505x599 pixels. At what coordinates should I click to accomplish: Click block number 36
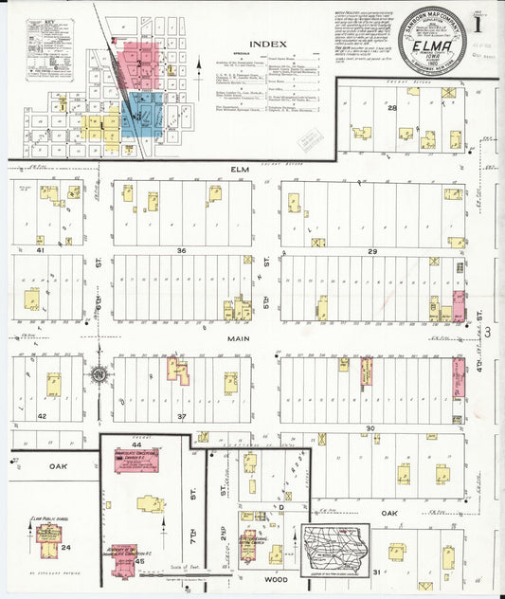tap(181, 250)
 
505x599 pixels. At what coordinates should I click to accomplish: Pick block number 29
tap(372, 250)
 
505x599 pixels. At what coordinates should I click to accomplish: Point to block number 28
tap(391, 108)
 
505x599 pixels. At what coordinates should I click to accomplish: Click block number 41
tap(41, 250)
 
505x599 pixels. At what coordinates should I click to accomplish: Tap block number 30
tap(370, 428)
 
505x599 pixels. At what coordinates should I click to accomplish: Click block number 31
tap(376, 572)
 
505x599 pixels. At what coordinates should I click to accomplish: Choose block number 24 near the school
tap(65, 547)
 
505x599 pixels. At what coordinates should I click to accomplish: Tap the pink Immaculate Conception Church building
tap(135, 460)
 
